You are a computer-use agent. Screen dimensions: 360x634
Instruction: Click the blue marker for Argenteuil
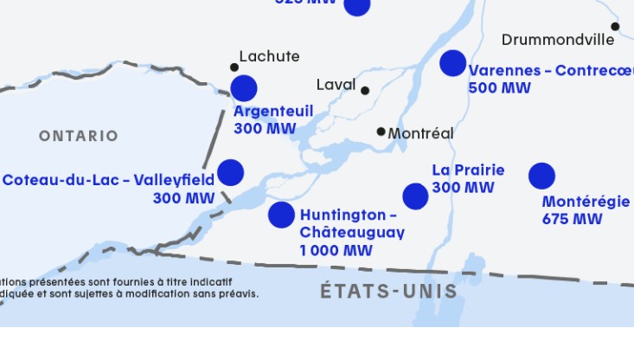click(x=244, y=87)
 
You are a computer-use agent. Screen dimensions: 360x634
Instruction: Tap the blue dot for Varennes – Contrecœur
click(x=452, y=62)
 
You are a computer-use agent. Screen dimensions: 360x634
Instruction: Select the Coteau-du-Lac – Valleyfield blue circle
click(x=230, y=172)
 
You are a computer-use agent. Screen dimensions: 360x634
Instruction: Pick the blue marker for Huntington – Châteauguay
click(x=281, y=214)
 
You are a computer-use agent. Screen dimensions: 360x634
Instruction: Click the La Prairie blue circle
click(x=415, y=196)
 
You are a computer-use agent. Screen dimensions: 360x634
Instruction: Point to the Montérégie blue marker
click(x=541, y=176)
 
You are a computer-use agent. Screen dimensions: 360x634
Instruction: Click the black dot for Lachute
click(x=234, y=67)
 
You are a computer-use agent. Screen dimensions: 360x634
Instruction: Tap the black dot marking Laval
click(x=365, y=90)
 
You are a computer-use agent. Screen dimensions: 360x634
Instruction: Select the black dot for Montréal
click(x=381, y=132)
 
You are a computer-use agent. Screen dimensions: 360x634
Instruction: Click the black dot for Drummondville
click(x=615, y=27)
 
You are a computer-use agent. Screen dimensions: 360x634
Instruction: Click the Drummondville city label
click(x=557, y=40)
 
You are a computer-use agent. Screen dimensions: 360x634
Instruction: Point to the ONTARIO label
click(x=78, y=136)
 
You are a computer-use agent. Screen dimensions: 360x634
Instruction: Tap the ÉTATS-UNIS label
click(x=388, y=291)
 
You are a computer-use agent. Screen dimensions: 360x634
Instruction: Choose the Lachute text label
click(x=269, y=56)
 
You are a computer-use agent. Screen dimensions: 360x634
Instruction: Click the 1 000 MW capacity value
click(x=336, y=251)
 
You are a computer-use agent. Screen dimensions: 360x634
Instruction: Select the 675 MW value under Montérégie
click(x=572, y=219)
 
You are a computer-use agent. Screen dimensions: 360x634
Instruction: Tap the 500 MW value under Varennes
click(x=499, y=87)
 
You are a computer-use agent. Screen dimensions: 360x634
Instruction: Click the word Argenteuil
click(x=273, y=112)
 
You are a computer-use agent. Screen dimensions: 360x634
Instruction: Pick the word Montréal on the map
click(x=420, y=133)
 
